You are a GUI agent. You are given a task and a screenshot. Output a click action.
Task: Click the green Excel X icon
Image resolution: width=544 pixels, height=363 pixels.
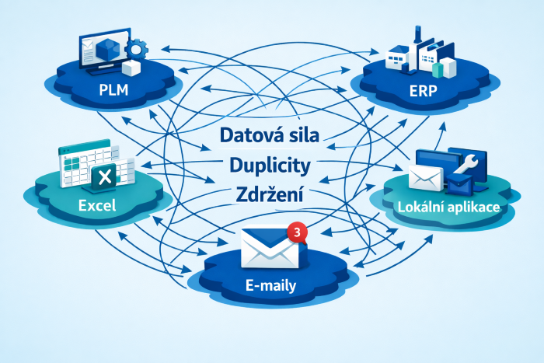pos(103,179)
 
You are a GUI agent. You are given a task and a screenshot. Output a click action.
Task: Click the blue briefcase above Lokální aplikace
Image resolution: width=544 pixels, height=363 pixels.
pos(459,183)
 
